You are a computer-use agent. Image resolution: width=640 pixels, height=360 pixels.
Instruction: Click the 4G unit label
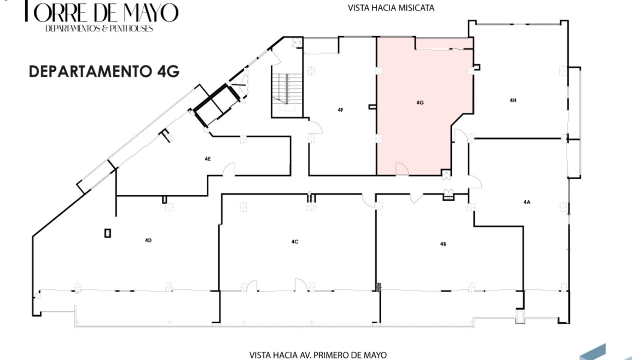[x=420, y=102]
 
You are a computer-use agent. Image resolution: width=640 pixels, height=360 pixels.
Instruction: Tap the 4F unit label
[x=340, y=110]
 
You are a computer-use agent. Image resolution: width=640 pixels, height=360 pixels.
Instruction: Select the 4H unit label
[x=513, y=100]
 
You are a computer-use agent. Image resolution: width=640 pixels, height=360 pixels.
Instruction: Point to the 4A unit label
[x=527, y=202]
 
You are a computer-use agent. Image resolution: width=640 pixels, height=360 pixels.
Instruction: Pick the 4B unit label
[x=443, y=244]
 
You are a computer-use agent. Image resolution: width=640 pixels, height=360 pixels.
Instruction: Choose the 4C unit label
[x=295, y=242]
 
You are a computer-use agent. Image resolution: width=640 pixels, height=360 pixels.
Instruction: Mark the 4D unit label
[x=148, y=240]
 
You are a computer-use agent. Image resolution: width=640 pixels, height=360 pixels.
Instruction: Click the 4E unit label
[x=208, y=159]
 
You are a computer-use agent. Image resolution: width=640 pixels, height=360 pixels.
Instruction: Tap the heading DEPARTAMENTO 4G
[x=104, y=72]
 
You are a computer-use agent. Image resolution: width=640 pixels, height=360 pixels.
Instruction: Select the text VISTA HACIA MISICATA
[x=391, y=8]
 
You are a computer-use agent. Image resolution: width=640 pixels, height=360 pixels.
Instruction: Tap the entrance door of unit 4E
[x=229, y=170]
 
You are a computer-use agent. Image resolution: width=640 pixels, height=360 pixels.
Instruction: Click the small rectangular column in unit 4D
[x=108, y=233]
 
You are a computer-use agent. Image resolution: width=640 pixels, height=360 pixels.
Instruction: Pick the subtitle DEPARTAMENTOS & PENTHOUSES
[x=99, y=28]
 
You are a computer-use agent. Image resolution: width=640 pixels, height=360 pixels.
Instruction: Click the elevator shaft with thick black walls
[x=216, y=104]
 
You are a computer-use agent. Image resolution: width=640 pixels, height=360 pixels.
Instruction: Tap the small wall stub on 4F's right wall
[x=373, y=107]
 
